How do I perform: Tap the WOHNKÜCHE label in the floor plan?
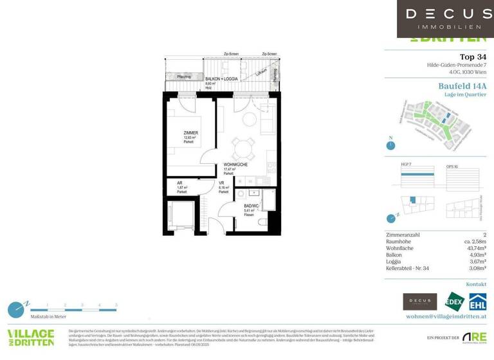[x=235, y=165]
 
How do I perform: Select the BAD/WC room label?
[x=252, y=206]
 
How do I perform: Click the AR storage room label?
[x=179, y=183]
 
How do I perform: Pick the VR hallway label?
[x=221, y=183]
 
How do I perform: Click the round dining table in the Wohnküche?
[x=242, y=150]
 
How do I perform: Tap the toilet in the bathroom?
[x=262, y=222]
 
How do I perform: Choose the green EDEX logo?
[x=453, y=301]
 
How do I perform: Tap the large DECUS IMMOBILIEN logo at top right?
[x=445, y=18]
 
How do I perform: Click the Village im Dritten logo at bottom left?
[x=30, y=338]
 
